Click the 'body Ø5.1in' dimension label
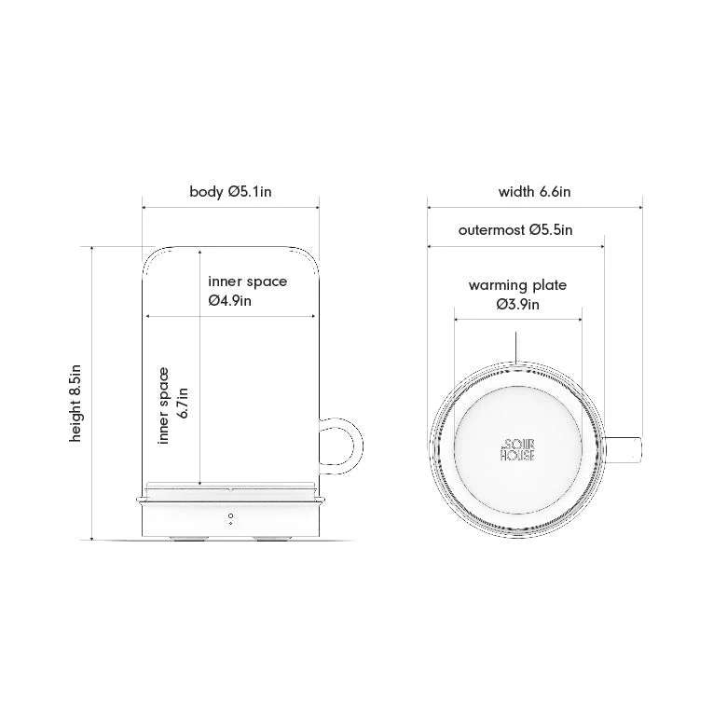tap(230, 192)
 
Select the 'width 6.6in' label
tap(534, 192)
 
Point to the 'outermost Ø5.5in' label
tap(515, 229)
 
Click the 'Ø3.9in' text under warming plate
tap(517, 304)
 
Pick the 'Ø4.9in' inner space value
tap(230, 300)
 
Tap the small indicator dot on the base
tap(230, 514)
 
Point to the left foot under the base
tap(189, 539)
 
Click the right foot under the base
tap(271, 539)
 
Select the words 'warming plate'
tap(517, 285)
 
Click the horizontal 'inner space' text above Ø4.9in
tap(247, 281)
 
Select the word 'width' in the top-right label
tap(516, 192)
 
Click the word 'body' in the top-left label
tap(206, 192)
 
